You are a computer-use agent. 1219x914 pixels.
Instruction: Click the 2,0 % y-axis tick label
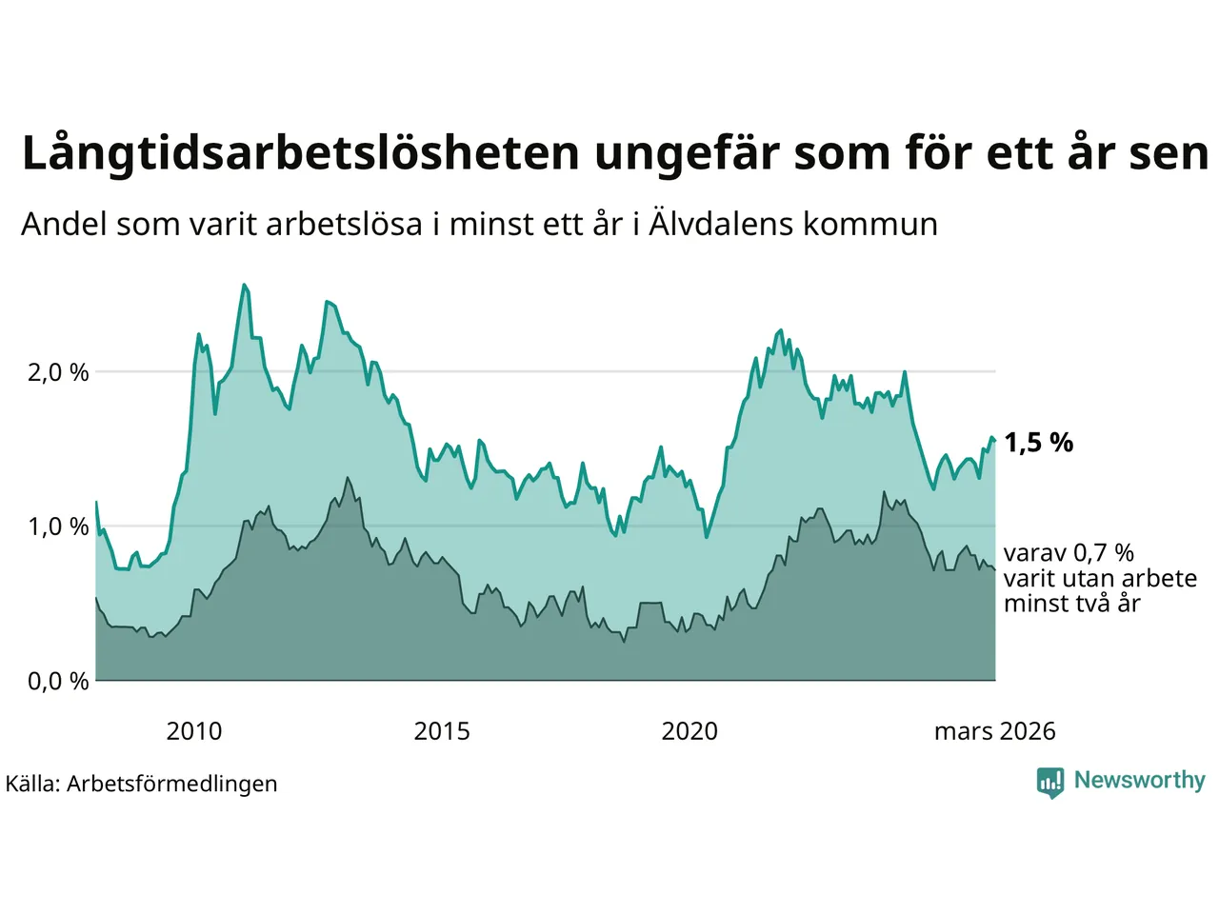tap(58, 372)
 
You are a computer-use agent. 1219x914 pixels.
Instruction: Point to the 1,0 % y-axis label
tap(58, 527)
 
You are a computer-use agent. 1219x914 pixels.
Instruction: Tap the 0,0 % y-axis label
tap(58, 681)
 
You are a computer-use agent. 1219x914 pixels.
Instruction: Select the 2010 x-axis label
tap(193, 731)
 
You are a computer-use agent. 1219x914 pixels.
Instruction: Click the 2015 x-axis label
tap(442, 731)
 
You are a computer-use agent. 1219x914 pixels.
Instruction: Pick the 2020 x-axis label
tap(689, 731)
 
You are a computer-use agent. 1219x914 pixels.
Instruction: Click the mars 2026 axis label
tap(994, 731)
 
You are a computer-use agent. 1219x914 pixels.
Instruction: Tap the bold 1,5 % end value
tap(1038, 443)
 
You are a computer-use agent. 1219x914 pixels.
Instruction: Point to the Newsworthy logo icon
tap(1049, 782)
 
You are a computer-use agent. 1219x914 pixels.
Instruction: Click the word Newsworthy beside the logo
tap(1139, 781)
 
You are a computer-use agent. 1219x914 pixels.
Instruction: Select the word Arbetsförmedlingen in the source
tap(172, 784)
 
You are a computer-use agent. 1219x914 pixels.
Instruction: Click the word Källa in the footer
tap(33, 784)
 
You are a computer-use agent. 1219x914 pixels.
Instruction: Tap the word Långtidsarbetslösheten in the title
tap(300, 153)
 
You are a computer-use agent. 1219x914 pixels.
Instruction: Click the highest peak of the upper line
tap(244, 285)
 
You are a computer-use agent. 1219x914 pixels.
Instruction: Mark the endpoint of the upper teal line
tap(994, 440)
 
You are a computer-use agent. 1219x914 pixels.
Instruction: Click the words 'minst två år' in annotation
tap(1071, 604)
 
